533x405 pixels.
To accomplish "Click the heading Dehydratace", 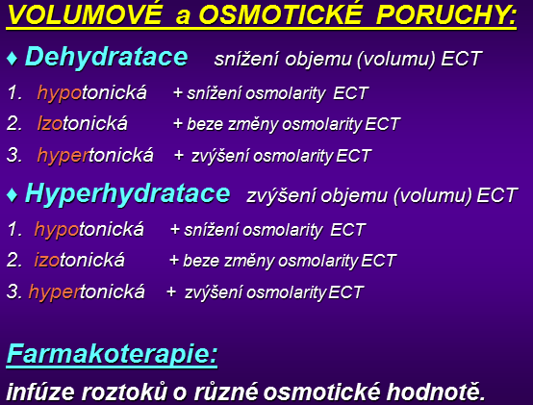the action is click(x=107, y=57).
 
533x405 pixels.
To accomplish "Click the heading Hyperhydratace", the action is click(x=128, y=194).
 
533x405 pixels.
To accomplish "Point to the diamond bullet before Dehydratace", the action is click(x=12, y=58).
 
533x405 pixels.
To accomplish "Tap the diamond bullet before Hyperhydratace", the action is click(x=12, y=195).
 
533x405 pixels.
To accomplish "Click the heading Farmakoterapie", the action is click(x=112, y=354).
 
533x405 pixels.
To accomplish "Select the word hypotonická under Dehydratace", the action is click(x=91, y=92).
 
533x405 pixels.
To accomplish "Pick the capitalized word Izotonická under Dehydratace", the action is click(x=83, y=123).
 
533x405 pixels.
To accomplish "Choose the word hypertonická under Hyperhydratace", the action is click(x=87, y=292).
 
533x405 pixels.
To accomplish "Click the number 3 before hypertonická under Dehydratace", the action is click(x=14, y=155).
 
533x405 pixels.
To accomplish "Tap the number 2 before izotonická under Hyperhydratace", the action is click(x=14, y=261).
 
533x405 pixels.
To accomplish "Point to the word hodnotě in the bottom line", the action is click(x=436, y=392).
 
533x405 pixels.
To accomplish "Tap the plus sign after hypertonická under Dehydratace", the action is click(x=179, y=156).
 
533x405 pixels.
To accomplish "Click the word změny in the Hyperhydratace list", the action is click(x=249, y=262).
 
